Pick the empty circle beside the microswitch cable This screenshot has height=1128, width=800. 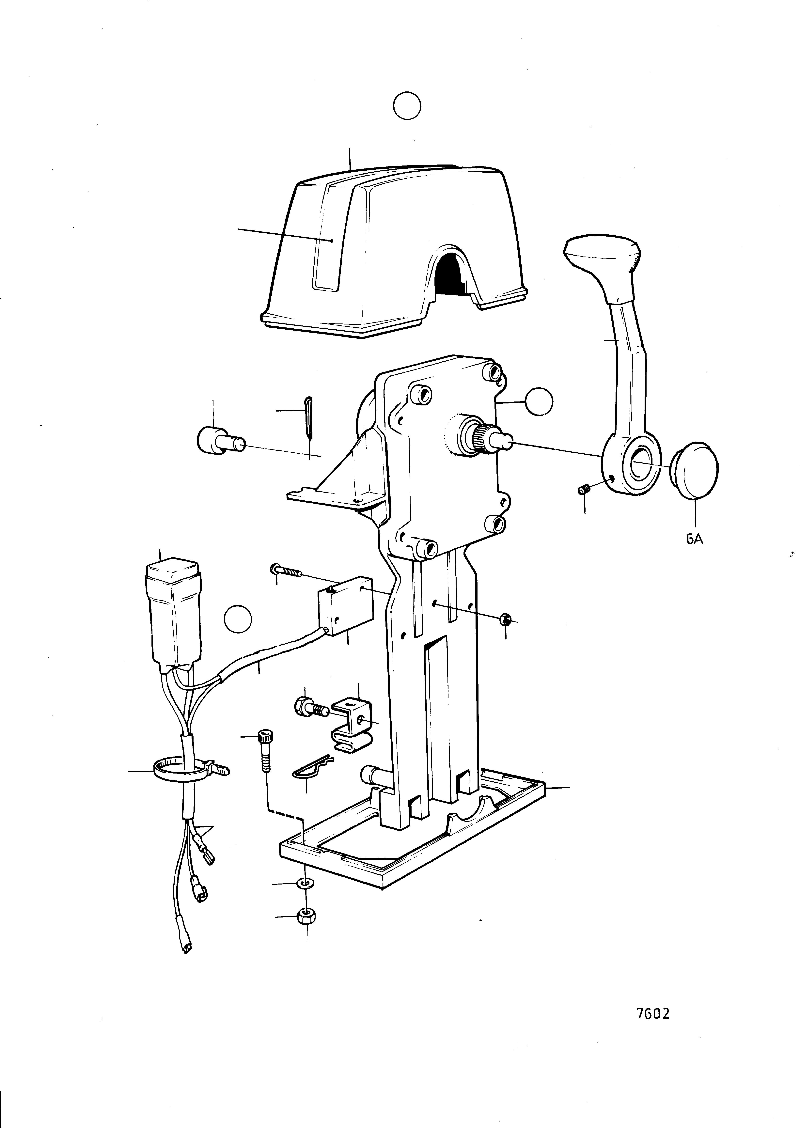click(x=238, y=619)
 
